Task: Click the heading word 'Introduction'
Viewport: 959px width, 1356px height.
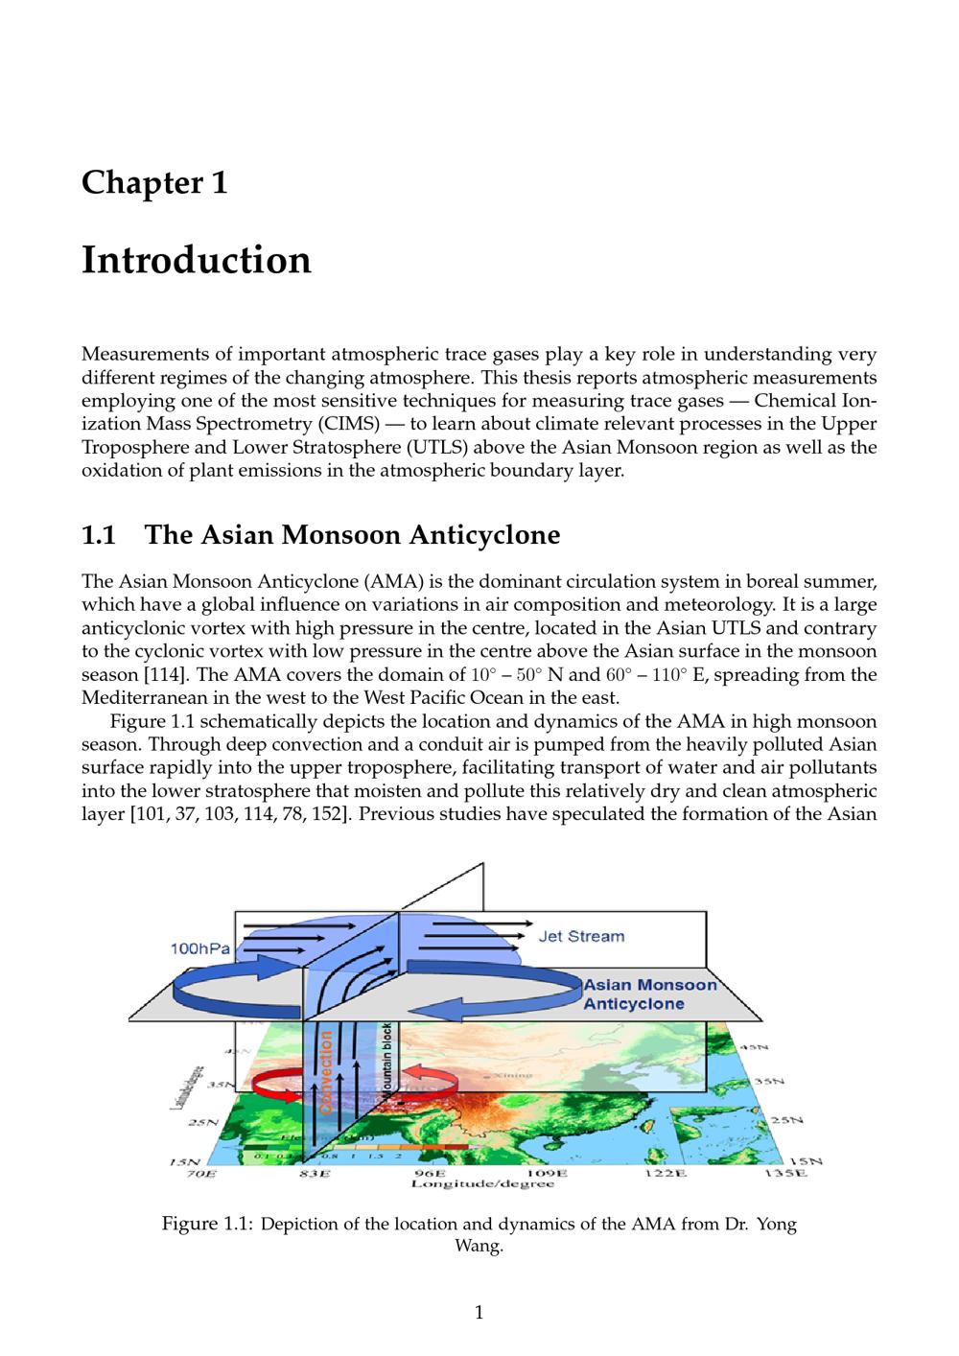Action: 197,260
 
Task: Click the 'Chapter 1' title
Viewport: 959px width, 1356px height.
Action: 154,182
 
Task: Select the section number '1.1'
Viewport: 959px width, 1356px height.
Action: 99,535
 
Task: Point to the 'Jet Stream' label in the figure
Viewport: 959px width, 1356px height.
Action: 581,936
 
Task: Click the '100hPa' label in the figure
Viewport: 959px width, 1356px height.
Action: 199,948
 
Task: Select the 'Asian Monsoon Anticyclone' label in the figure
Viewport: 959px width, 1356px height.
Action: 649,994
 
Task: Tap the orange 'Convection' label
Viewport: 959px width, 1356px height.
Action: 326,1072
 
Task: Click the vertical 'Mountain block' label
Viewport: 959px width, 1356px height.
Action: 386,1063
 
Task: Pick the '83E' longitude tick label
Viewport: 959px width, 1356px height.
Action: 315,1173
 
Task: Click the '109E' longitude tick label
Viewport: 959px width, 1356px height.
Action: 547,1173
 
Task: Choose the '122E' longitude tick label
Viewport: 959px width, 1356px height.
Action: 665,1173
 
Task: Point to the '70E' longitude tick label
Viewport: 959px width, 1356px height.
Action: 200,1173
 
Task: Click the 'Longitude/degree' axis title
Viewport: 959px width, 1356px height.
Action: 482,1184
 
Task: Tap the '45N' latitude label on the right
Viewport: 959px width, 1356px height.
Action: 754,1048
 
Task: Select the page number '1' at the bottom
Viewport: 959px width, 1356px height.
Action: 479,1313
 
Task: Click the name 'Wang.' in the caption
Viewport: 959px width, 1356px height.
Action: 479,1247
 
